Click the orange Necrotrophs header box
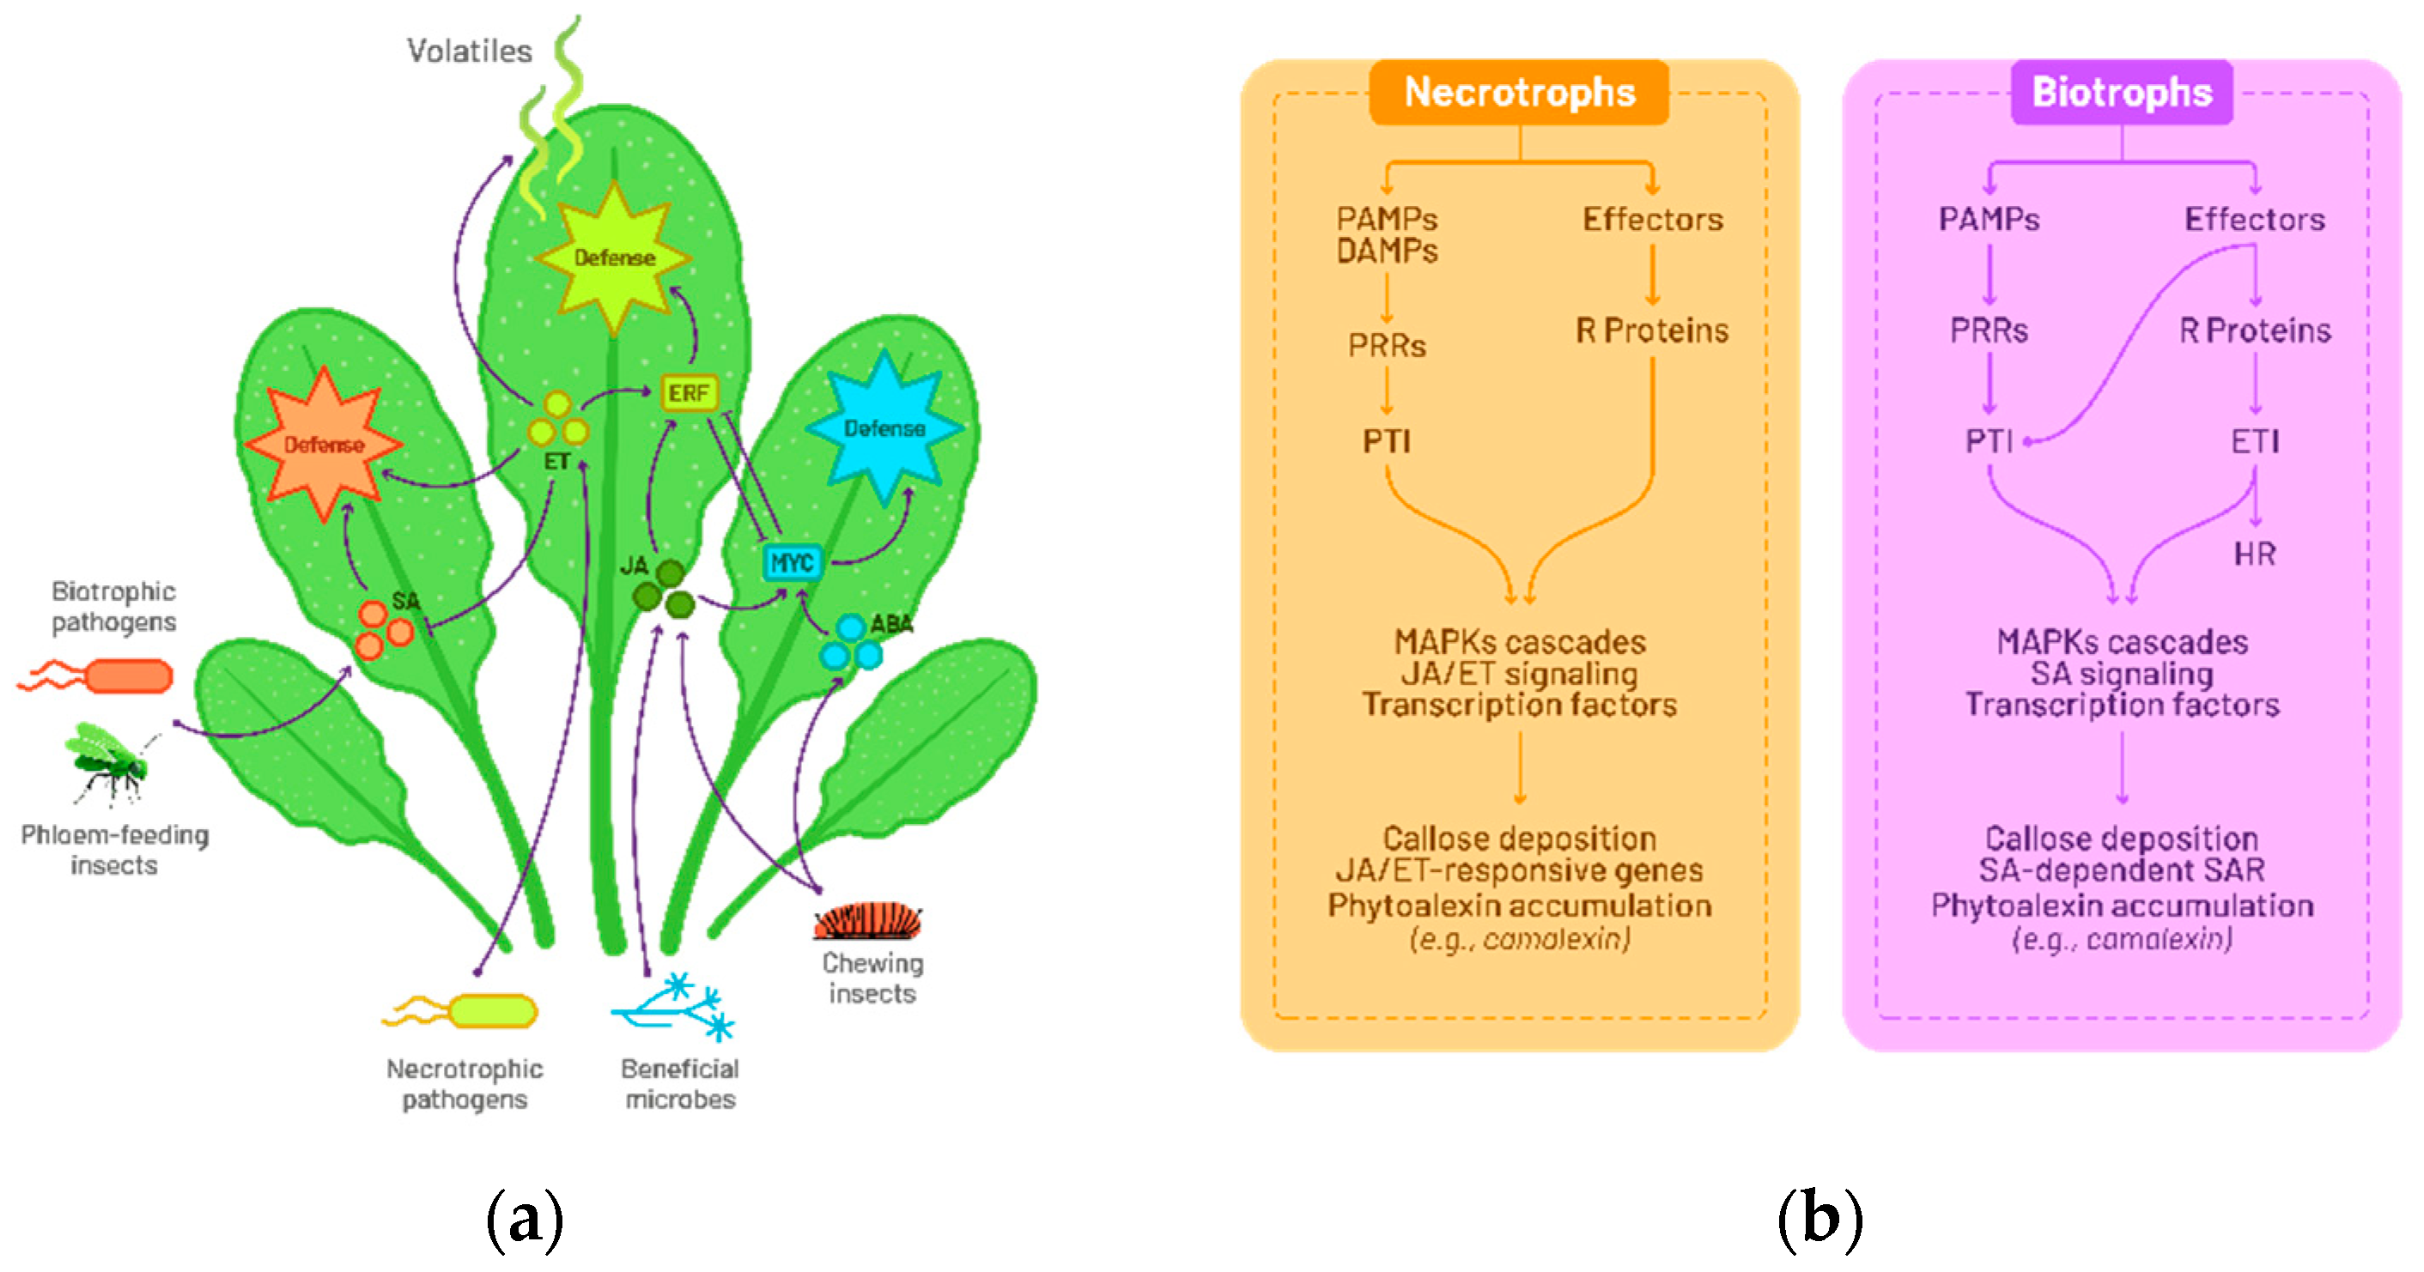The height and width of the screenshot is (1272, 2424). [1519, 92]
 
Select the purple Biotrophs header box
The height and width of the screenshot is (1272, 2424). [2121, 92]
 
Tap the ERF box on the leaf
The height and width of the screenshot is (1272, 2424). [689, 392]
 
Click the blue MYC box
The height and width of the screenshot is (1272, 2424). [792, 563]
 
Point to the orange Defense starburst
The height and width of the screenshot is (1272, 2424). [323, 444]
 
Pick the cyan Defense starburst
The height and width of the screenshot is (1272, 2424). [884, 428]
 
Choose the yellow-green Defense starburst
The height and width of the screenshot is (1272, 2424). [614, 257]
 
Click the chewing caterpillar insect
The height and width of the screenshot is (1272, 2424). [867, 920]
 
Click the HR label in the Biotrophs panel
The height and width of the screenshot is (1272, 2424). [2254, 554]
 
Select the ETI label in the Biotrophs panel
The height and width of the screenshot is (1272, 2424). [2254, 441]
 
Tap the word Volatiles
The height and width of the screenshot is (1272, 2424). [469, 51]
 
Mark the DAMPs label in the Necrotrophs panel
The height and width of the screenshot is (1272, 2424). [1386, 251]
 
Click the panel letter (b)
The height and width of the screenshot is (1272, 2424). [1819, 1220]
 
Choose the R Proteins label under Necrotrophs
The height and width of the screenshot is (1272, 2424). [1651, 330]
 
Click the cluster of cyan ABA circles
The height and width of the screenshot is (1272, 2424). [850, 644]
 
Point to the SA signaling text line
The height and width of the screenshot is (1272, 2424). [2121, 674]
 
